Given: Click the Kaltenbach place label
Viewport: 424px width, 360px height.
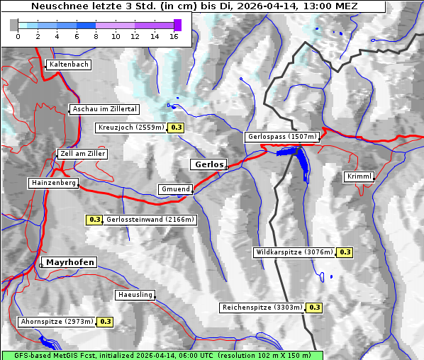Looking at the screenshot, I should [x=69, y=64].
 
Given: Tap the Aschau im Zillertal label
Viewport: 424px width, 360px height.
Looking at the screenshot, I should [x=105, y=109].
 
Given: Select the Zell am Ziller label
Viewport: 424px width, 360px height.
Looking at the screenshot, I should [x=83, y=154].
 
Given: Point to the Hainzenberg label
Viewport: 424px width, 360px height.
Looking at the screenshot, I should [x=53, y=183].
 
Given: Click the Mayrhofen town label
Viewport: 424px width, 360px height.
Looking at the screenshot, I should [x=70, y=262].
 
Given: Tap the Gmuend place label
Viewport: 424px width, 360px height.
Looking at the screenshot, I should [x=175, y=189].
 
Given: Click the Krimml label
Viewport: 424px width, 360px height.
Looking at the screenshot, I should [x=359, y=176].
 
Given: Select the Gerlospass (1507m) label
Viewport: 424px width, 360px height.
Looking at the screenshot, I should [x=281, y=137].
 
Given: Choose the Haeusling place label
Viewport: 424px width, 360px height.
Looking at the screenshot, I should [x=134, y=295].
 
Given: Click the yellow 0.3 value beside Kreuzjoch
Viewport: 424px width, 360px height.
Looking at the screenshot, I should [x=177, y=128].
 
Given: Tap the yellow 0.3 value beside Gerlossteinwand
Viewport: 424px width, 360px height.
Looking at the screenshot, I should [x=94, y=220].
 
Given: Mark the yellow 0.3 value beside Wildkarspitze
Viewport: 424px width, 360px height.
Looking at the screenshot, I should [x=345, y=252].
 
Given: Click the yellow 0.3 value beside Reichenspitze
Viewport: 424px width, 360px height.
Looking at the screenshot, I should [x=314, y=308].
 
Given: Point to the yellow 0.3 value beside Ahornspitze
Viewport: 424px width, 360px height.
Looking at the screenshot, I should [x=105, y=321].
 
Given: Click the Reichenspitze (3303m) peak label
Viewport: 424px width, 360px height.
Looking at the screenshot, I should [x=262, y=308].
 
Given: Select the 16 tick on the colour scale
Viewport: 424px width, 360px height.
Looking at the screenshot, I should [x=173, y=36].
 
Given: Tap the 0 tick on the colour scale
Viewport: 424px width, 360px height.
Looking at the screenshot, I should [x=18, y=36].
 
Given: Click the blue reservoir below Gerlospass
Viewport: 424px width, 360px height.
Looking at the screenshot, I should [x=301, y=164].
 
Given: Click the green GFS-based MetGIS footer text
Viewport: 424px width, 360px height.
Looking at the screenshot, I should [x=161, y=355].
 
